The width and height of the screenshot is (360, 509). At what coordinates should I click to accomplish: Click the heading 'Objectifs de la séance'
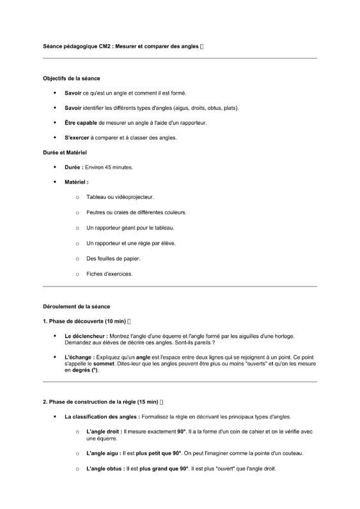click(71, 78)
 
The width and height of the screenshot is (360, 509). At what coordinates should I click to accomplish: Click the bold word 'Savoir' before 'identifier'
click(73, 108)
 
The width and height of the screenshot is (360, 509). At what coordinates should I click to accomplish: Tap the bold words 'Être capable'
click(81, 123)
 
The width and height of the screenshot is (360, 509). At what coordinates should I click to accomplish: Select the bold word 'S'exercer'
click(77, 137)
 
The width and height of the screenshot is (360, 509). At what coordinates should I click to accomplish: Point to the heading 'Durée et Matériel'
click(65, 152)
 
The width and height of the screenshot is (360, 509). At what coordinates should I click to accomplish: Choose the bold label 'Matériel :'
click(76, 182)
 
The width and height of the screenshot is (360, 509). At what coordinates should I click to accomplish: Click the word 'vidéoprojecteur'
click(132, 197)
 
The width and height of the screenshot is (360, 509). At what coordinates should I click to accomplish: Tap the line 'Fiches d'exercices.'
click(109, 274)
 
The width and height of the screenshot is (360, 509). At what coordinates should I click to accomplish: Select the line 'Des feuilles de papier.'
click(113, 258)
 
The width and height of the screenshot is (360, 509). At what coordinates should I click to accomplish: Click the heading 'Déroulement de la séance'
click(76, 306)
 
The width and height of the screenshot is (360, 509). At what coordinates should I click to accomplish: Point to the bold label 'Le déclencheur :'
click(86, 336)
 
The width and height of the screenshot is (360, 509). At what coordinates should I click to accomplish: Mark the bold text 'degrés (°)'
click(84, 370)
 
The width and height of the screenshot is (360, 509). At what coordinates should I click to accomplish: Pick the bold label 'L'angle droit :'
click(104, 432)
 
